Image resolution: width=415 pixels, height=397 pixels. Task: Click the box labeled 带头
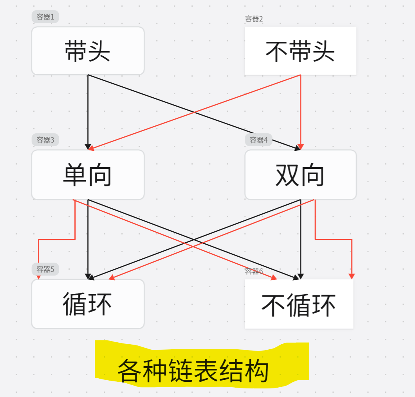[x=88, y=51]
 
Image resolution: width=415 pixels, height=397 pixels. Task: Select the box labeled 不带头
[x=300, y=51]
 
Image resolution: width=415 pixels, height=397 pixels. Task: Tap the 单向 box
[x=88, y=175]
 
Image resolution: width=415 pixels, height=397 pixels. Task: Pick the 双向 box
[x=300, y=175]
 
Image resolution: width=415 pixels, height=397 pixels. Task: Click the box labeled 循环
[x=88, y=304]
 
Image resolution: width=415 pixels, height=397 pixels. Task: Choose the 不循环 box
[x=299, y=304]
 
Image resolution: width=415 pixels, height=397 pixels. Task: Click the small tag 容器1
[x=45, y=17]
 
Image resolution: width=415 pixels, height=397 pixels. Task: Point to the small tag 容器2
[x=254, y=19]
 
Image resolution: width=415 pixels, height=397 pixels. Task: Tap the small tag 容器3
[x=45, y=139]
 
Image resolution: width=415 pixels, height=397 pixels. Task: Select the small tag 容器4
[x=258, y=139]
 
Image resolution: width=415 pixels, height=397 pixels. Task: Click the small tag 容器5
[x=45, y=269]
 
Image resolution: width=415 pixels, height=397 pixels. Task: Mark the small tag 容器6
[x=254, y=271]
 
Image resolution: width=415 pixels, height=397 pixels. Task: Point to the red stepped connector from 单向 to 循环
[x=57, y=239]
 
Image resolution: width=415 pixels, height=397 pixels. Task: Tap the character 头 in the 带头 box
[x=99, y=51]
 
